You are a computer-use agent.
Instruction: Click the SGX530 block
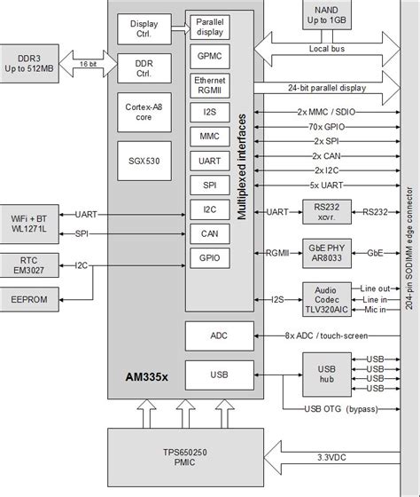click(x=145, y=151)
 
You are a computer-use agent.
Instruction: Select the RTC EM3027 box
click(x=33, y=264)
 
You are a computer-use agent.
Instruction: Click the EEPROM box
click(x=33, y=301)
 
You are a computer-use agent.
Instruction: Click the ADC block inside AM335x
click(x=217, y=335)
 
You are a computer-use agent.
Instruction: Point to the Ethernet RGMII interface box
click(x=210, y=85)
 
